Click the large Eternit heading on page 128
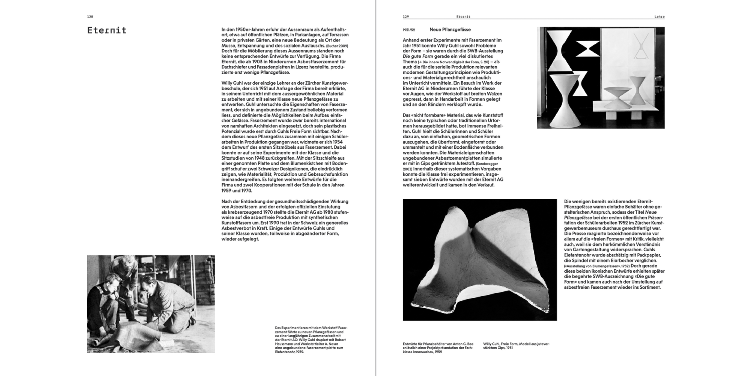(x=107, y=31)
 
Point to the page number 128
(x=90, y=17)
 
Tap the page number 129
(x=406, y=17)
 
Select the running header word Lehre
(x=659, y=17)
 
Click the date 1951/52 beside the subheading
(x=410, y=30)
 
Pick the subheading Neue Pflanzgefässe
(x=450, y=30)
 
